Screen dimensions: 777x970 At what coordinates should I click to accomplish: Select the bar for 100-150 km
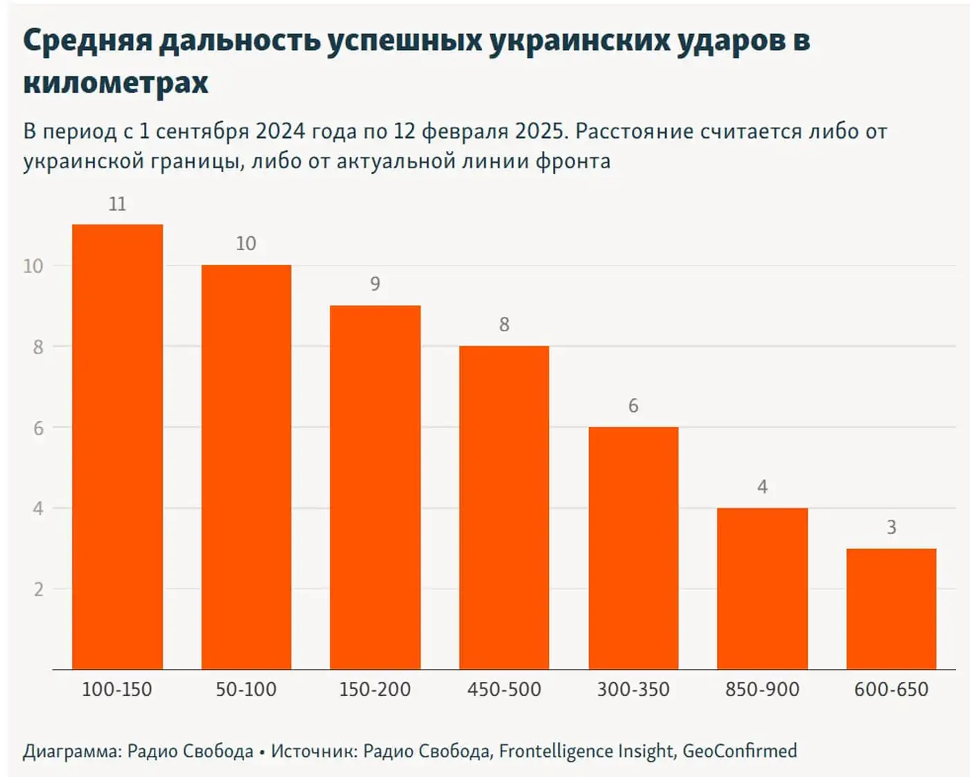(x=117, y=447)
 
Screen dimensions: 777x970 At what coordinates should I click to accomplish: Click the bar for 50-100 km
(x=246, y=467)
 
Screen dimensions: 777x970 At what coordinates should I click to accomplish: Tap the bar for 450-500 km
(x=504, y=507)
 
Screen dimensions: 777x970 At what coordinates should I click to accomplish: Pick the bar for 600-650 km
(x=891, y=609)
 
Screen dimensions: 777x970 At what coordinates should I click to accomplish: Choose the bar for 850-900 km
(x=762, y=588)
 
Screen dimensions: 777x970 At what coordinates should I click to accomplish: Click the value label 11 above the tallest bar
(x=117, y=204)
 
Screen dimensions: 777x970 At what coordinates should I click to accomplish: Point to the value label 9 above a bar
(x=375, y=284)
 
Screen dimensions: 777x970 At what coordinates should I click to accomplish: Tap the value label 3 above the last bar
(x=891, y=527)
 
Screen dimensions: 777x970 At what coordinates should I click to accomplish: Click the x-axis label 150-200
(x=375, y=690)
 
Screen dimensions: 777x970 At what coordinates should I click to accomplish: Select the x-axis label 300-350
(x=633, y=690)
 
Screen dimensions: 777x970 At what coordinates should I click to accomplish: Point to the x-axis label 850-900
(x=762, y=690)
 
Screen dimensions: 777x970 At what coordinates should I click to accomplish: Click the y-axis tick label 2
(x=38, y=590)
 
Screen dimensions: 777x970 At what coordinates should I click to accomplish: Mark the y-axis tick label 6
(x=38, y=428)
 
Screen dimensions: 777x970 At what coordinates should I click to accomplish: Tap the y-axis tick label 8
(x=38, y=347)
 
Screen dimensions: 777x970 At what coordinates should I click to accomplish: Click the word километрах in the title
(x=116, y=83)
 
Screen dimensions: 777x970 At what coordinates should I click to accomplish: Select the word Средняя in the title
(x=87, y=40)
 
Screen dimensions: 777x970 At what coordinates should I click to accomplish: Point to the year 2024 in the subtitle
(x=280, y=131)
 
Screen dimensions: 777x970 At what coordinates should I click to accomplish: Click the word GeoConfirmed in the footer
(x=739, y=751)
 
